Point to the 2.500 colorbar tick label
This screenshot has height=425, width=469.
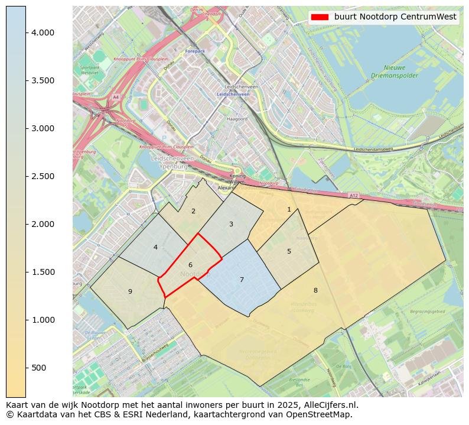point(43,176)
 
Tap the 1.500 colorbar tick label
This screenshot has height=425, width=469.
point(43,272)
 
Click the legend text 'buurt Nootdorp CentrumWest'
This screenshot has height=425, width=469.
point(395,17)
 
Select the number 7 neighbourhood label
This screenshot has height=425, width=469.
point(242,280)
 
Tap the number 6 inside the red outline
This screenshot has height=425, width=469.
point(190,265)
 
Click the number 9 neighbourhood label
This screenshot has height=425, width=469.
point(130,291)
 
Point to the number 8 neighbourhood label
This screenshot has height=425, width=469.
point(315,290)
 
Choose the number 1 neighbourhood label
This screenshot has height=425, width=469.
point(289,209)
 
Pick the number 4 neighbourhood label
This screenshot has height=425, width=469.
point(155,247)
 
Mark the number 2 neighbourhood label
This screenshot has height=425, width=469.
point(193,211)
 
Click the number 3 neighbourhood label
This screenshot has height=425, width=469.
point(231,224)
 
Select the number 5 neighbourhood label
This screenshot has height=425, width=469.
point(289,251)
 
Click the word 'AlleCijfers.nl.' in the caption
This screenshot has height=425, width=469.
point(330,405)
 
